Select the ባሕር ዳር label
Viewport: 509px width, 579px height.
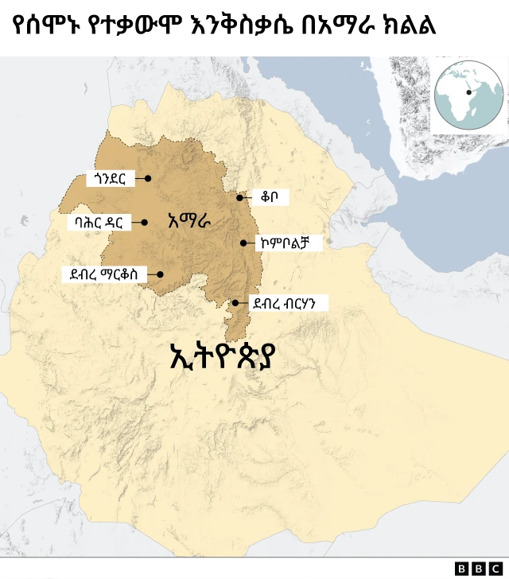click(x=99, y=223)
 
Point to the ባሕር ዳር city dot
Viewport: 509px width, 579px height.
click(x=144, y=223)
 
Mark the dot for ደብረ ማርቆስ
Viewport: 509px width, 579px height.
click(x=160, y=274)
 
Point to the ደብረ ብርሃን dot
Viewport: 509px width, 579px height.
click(x=235, y=303)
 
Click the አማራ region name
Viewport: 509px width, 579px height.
click(x=189, y=222)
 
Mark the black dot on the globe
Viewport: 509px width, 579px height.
click(x=469, y=92)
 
